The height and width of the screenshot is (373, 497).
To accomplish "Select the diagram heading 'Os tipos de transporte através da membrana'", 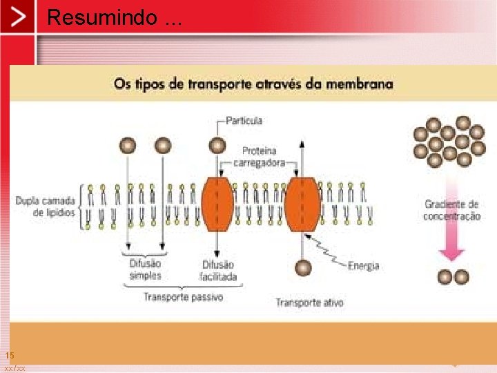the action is [253, 84].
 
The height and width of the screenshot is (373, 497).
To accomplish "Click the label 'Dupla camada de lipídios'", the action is [44, 207].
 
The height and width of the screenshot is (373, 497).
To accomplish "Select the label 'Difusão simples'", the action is [145, 269].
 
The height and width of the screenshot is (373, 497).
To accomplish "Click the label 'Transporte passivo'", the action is [183, 297].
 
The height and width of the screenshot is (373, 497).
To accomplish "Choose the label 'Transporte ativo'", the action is [309, 303].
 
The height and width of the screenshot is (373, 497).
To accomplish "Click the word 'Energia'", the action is [363, 265].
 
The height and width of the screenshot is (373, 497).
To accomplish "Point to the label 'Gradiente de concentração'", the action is [451, 210].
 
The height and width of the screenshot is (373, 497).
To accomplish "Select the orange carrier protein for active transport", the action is [302, 204].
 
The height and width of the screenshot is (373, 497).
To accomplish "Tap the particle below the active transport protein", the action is [303, 267].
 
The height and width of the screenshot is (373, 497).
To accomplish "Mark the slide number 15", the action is [10, 355].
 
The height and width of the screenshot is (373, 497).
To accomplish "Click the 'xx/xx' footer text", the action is [14, 368].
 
